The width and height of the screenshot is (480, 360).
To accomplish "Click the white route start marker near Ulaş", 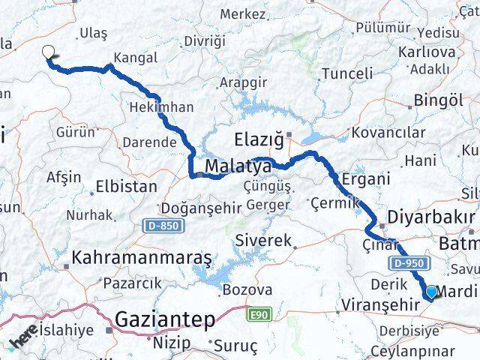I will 49,52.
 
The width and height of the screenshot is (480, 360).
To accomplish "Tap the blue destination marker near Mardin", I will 432,292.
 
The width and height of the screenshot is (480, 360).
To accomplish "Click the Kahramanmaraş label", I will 142,258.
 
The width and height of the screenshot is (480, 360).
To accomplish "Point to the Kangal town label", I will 135,58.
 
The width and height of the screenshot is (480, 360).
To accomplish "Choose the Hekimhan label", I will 161,107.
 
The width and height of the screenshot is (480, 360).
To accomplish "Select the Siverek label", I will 262,241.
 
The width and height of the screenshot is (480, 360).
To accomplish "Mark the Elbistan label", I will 127,186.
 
